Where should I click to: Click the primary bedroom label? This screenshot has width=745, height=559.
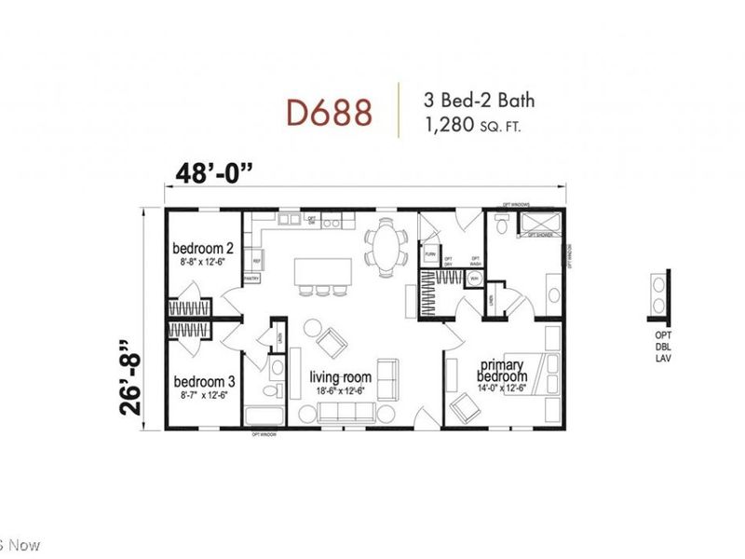click(503, 370)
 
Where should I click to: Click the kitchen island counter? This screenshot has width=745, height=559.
click(325, 271)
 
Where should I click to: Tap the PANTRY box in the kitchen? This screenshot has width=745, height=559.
click(251, 279)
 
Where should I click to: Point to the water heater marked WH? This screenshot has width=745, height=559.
click(474, 279)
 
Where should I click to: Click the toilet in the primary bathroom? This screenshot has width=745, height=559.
click(501, 225)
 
